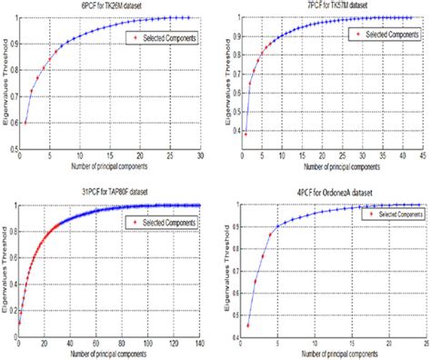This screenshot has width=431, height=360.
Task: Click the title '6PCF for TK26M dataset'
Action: tap(107, 6)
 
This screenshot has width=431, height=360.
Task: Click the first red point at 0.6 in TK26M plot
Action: tap(25, 123)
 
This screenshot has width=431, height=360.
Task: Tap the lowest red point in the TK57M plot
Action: tap(246, 134)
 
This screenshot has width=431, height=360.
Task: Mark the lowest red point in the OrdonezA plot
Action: tap(247, 325)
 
